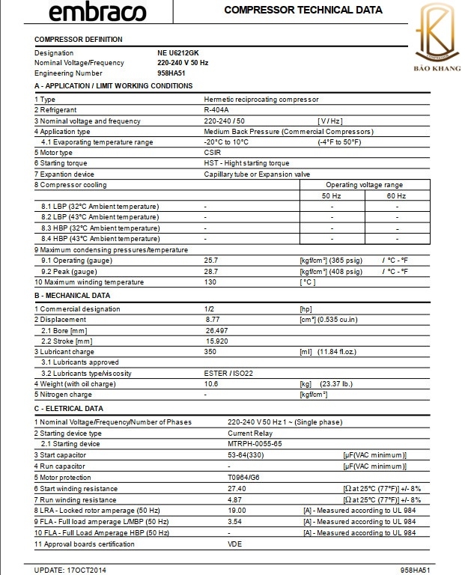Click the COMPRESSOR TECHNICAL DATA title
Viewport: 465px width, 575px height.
[303, 10]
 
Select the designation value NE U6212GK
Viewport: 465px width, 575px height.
[179, 53]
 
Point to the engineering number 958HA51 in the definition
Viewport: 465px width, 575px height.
[171, 73]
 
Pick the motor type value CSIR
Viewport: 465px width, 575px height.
[213, 152]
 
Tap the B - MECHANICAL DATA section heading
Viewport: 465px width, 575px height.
[73, 295]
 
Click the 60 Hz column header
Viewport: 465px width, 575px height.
[398, 195]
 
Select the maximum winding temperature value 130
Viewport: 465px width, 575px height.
[210, 282]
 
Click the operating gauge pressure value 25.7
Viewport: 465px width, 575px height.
[211, 260]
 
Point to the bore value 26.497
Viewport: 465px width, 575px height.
[216, 329]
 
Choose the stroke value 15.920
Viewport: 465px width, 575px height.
[216, 341]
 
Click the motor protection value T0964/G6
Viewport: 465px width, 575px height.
[244, 476]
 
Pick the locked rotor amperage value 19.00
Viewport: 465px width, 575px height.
[237, 510]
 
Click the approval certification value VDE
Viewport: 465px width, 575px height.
[234, 544]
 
